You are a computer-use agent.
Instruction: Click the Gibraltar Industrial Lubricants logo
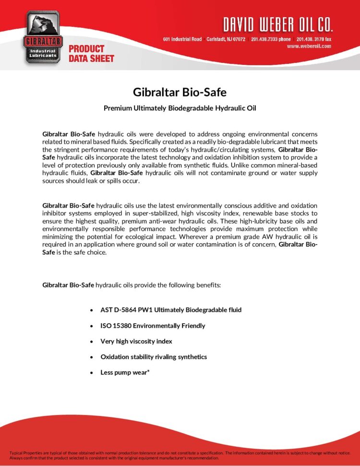(42, 36)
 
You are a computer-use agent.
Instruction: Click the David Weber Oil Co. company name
(277, 24)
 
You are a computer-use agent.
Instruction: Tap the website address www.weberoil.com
(309, 46)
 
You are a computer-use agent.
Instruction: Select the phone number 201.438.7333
(271, 39)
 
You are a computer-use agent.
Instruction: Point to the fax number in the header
(313, 39)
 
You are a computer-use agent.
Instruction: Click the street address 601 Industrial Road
(182, 39)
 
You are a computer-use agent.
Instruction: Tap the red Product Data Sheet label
(91, 53)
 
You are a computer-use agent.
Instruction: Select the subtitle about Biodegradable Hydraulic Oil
(180, 108)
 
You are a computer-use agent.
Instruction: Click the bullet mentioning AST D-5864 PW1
(170, 310)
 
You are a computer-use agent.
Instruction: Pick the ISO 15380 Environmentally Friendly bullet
(152, 326)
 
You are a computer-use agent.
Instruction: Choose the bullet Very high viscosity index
(136, 341)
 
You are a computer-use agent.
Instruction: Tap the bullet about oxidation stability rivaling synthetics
(153, 357)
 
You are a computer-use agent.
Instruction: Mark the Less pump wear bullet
(125, 372)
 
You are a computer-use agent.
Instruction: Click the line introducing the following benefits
(131, 285)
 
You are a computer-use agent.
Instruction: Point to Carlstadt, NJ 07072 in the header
(226, 39)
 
